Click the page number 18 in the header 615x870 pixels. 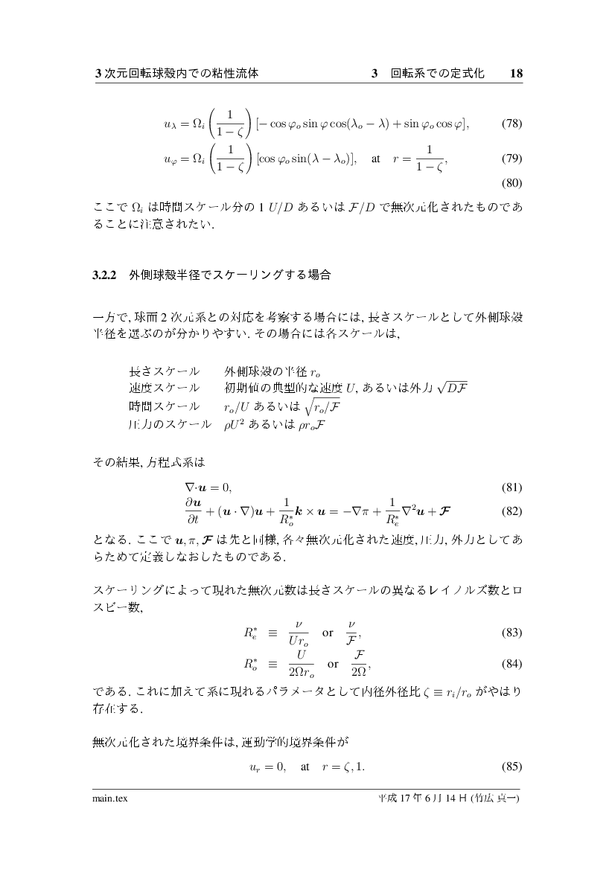[x=517, y=74]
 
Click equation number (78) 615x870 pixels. [x=512, y=124]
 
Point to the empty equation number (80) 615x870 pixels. [x=512, y=182]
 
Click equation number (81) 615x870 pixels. [x=512, y=487]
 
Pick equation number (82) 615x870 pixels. [x=512, y=512]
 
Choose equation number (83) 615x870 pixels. [x=512, y=633]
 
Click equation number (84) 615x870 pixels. [x=512, y=663]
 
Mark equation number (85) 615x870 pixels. [x=512, y=767]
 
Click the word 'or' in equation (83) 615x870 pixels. [x=328, y=633]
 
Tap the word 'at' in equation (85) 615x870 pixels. [x=305, y=767]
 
